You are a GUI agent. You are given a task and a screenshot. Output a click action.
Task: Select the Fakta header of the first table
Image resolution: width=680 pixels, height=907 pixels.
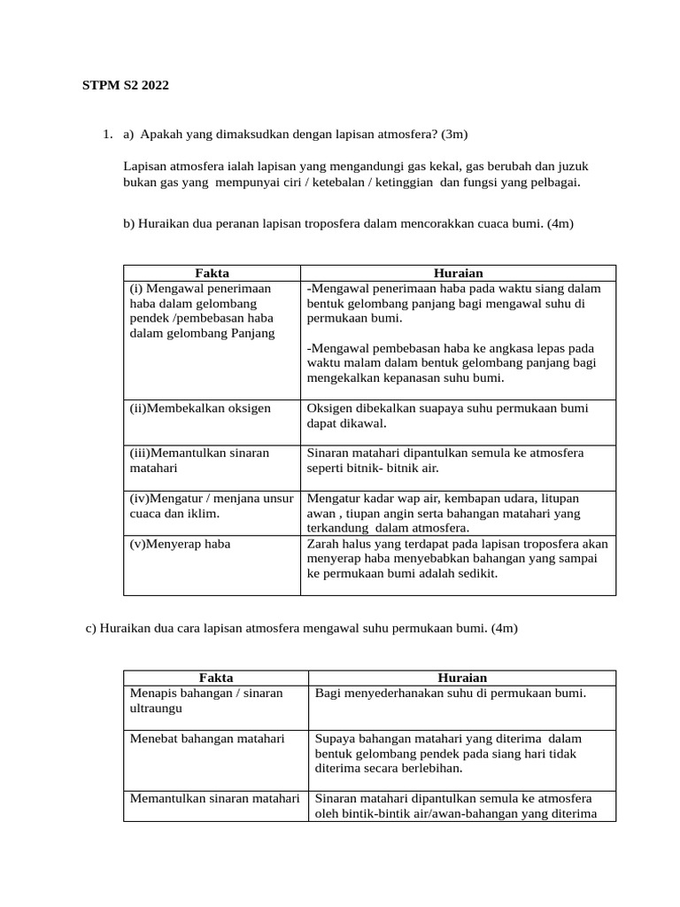click(x=212, y=273)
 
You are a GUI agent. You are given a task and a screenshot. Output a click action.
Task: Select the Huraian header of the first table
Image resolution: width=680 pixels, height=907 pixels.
click(x=458, y=273)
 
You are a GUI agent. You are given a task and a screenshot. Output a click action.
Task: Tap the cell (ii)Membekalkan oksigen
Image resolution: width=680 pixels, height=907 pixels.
click(x=201, y=408)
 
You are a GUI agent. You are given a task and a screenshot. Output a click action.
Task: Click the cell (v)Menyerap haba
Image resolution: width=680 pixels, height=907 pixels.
click(x=180, y=543)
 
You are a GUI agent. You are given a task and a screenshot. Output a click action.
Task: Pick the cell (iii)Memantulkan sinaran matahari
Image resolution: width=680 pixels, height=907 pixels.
click(x=199, y=460)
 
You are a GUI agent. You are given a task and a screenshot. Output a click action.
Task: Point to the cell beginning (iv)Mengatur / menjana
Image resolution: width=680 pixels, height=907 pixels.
click(x=211, y=506)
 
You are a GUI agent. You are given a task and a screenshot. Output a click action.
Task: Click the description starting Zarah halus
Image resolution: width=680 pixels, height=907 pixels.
click(x=457, y=558)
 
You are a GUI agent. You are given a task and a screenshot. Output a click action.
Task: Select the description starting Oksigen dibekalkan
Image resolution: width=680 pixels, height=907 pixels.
click(x=447, y=415)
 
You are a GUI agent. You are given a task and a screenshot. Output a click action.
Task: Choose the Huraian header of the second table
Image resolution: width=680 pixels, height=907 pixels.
click(x=462, y=677)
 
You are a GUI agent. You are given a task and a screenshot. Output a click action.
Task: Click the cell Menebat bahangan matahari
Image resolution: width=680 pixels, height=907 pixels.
click(x=207, y=738)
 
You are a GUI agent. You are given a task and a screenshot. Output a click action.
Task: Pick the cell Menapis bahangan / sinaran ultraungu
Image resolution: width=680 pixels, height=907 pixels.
click(x=206, y=701)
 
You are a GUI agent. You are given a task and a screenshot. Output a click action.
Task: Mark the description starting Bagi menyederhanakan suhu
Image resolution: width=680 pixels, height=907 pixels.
click(x=450, y=693)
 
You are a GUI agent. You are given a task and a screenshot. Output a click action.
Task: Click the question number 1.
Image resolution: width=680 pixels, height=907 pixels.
click(x=106, y=135)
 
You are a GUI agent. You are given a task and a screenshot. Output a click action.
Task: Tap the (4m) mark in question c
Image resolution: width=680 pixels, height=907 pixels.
click(x=503, y=628)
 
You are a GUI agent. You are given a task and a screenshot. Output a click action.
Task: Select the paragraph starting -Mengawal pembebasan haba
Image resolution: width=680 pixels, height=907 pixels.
click(x=452, y=363)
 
